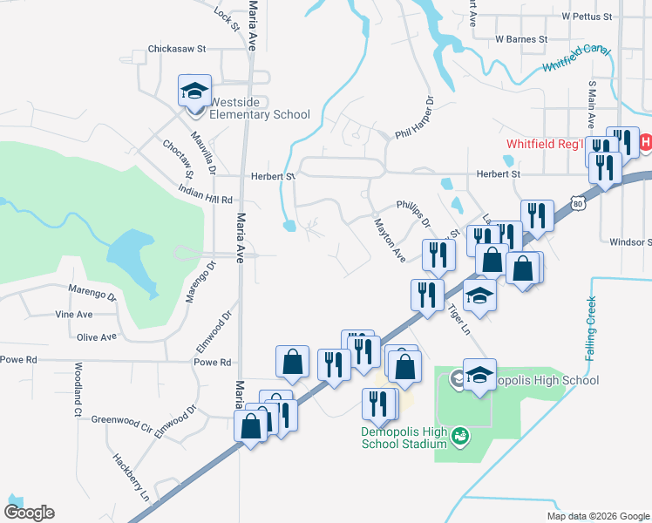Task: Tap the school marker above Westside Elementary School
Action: point(195,90)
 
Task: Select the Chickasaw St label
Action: point(176,49)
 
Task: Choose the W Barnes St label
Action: point(520,39)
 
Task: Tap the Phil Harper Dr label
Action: point(413,118)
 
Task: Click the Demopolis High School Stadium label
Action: point(404,438)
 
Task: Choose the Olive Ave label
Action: point(97,336)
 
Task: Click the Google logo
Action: point(29,513)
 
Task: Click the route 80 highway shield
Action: point(579,203)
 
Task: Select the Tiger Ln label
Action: point(458,320)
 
